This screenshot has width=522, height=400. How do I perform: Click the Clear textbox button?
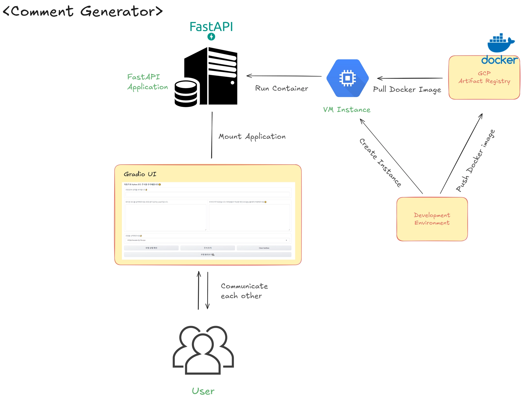264,248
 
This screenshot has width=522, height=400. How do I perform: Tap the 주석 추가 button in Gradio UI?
207,248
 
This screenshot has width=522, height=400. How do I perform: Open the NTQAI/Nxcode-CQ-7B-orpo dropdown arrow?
286,240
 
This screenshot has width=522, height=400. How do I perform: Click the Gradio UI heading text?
140,174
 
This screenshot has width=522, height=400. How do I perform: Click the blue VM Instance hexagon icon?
347,78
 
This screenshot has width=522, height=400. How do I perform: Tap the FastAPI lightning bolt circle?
211,37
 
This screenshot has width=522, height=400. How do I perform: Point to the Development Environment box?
432,219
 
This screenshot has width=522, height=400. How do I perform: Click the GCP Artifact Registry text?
484,77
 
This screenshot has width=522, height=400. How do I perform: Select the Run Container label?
281,88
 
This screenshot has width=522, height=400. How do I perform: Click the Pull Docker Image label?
407,89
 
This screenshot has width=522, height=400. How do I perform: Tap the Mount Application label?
252,137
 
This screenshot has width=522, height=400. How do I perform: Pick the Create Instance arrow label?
380,163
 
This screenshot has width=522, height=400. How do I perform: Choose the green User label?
203,391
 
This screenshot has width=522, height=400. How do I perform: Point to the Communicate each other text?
244,291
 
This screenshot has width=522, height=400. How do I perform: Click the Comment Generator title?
83,11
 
